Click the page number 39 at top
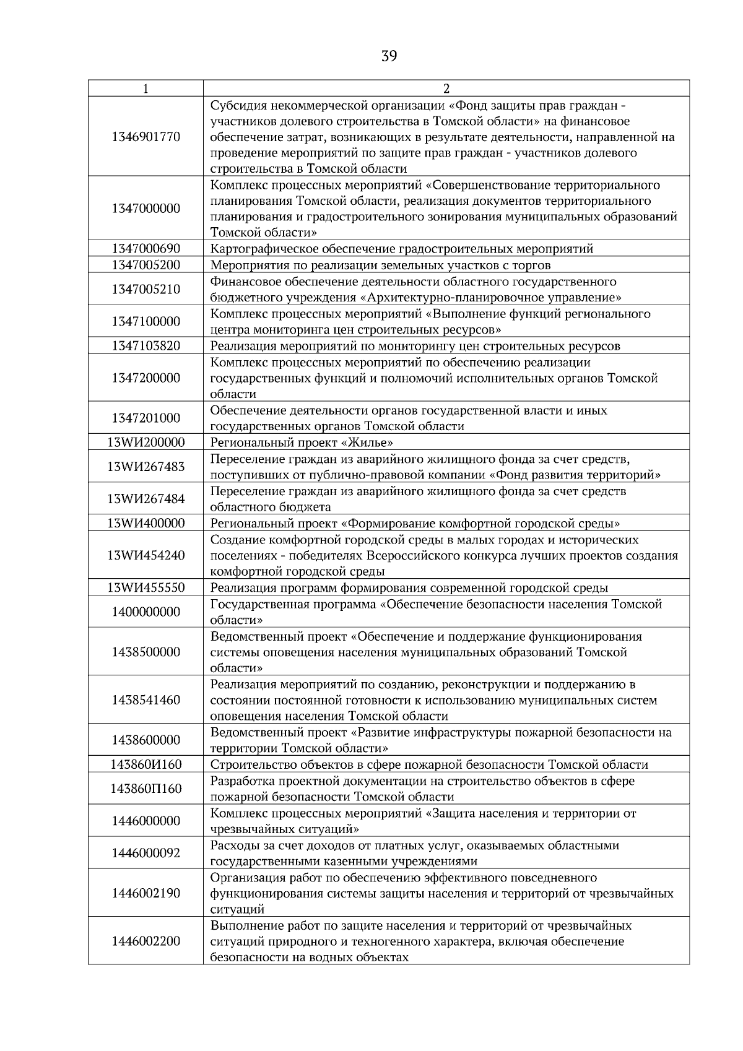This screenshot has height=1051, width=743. (389, 56)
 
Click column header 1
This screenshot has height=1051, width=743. (146, 89)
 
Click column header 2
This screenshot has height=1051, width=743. (446, 89)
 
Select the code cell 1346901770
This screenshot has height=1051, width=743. (146, 137)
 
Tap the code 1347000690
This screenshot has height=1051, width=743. (146, 249)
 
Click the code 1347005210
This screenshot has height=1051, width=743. (146, 289)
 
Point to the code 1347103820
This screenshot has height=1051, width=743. (146, 345)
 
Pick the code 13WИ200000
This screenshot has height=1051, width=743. (146, 442)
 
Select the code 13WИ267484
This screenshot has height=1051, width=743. (146, 499)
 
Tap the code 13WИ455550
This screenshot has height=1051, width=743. (146, 587)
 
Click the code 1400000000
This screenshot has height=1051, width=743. (146, 612)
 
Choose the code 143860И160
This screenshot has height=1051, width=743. (146, 764)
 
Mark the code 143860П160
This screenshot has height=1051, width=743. (146, 789)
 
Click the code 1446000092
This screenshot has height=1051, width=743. (146, 853)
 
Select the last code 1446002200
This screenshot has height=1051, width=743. (146, 941)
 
